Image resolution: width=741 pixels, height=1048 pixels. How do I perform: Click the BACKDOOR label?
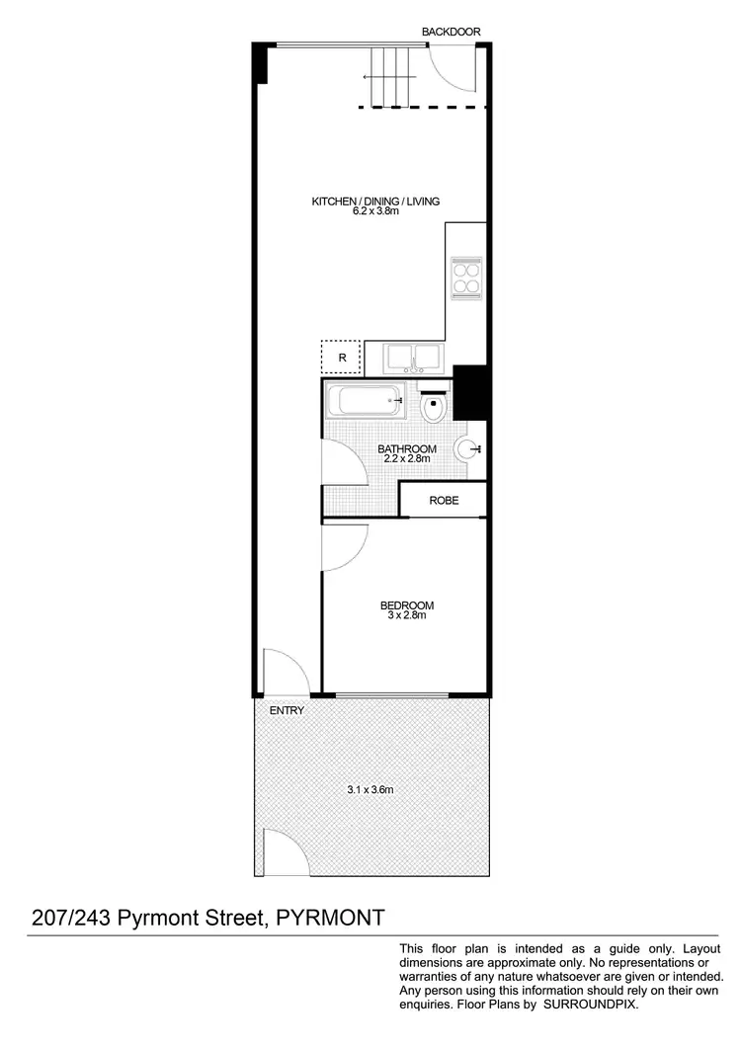coord(451,32)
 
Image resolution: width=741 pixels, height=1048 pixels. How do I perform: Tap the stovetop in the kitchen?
coord(465,278)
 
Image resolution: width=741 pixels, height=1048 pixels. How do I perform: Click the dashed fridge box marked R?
coord(341,357)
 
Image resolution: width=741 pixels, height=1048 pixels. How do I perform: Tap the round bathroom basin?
coord(468,449)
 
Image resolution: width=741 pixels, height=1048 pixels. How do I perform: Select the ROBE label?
coord(444,501)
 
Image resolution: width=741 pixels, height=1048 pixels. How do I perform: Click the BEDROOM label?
coord(407,605)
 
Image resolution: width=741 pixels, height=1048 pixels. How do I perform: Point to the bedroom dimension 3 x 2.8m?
coord(407,616)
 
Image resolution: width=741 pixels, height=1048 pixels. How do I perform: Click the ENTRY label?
coord(287,710)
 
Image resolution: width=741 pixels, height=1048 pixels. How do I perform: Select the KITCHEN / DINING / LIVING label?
coord(375,202)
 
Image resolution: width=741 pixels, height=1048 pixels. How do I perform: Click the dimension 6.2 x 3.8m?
coord(375,212)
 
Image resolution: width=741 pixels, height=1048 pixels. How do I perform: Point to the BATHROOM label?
coord(407,449)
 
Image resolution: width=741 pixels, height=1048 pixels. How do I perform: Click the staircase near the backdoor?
coord(388,76)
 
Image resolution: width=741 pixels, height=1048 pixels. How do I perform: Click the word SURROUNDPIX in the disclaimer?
coord(594,1004)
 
